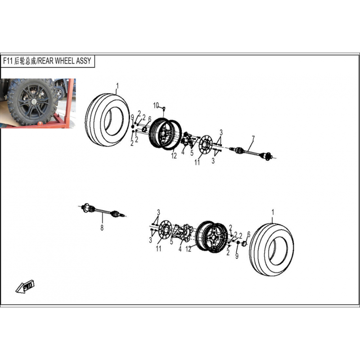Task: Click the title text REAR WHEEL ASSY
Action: pos(64,61)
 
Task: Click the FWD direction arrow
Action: pos(25,286)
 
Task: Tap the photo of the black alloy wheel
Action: pos(38,103)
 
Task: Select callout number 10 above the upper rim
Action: pos(156,105)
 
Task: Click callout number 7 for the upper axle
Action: pos(253,139)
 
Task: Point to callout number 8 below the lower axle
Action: pos(102,228)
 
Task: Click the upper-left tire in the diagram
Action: pos(107,120)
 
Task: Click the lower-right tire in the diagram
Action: pos(272,249)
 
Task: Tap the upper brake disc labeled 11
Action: pos(205,144)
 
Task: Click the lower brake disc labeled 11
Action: pos(165,229)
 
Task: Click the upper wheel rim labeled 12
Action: pos(165,134)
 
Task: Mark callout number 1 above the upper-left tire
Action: pos(117,86)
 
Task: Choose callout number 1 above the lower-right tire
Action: pos(273,212)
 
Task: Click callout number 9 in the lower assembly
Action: pos(237,256)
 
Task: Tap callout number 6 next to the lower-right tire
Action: pos(249,234)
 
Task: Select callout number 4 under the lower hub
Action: pos(180,249)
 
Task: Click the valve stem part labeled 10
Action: pos(164,108)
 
